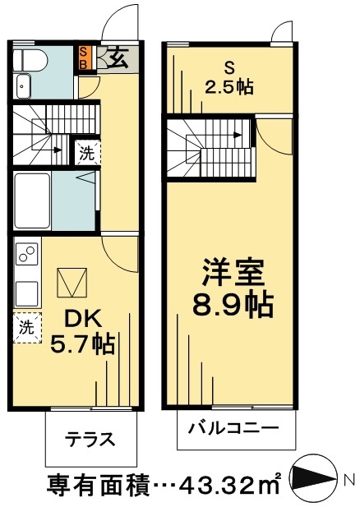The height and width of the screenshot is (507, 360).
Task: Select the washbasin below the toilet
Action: point(22,85)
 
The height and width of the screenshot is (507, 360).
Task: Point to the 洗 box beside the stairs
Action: point(86,152)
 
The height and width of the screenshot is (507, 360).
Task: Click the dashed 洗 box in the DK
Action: point(26,326)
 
